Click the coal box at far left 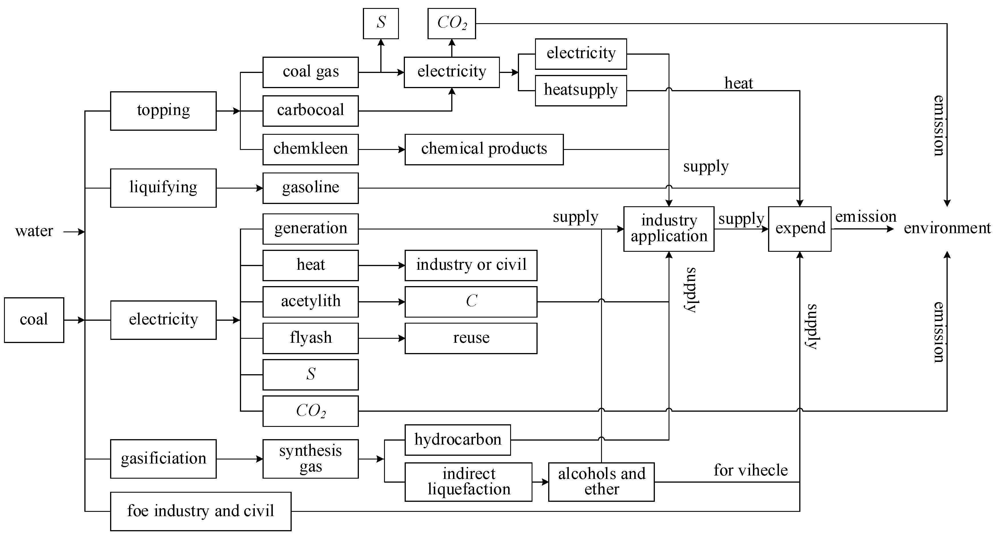pos(34,320)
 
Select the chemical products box pos(484,149)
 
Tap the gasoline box pos(310,188)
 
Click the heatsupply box pos(580,90)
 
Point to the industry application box pos(669,229)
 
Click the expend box pos(800,229)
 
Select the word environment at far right pos(947,228)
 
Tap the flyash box pos(310,338)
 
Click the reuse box pos(471,338)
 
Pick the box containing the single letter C pos(471,302)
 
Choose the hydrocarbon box pos(458,440)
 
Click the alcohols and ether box pos(601,481)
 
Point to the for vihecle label pos(750,470)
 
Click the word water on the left pos(34,231)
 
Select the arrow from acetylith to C pos(381,302)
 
